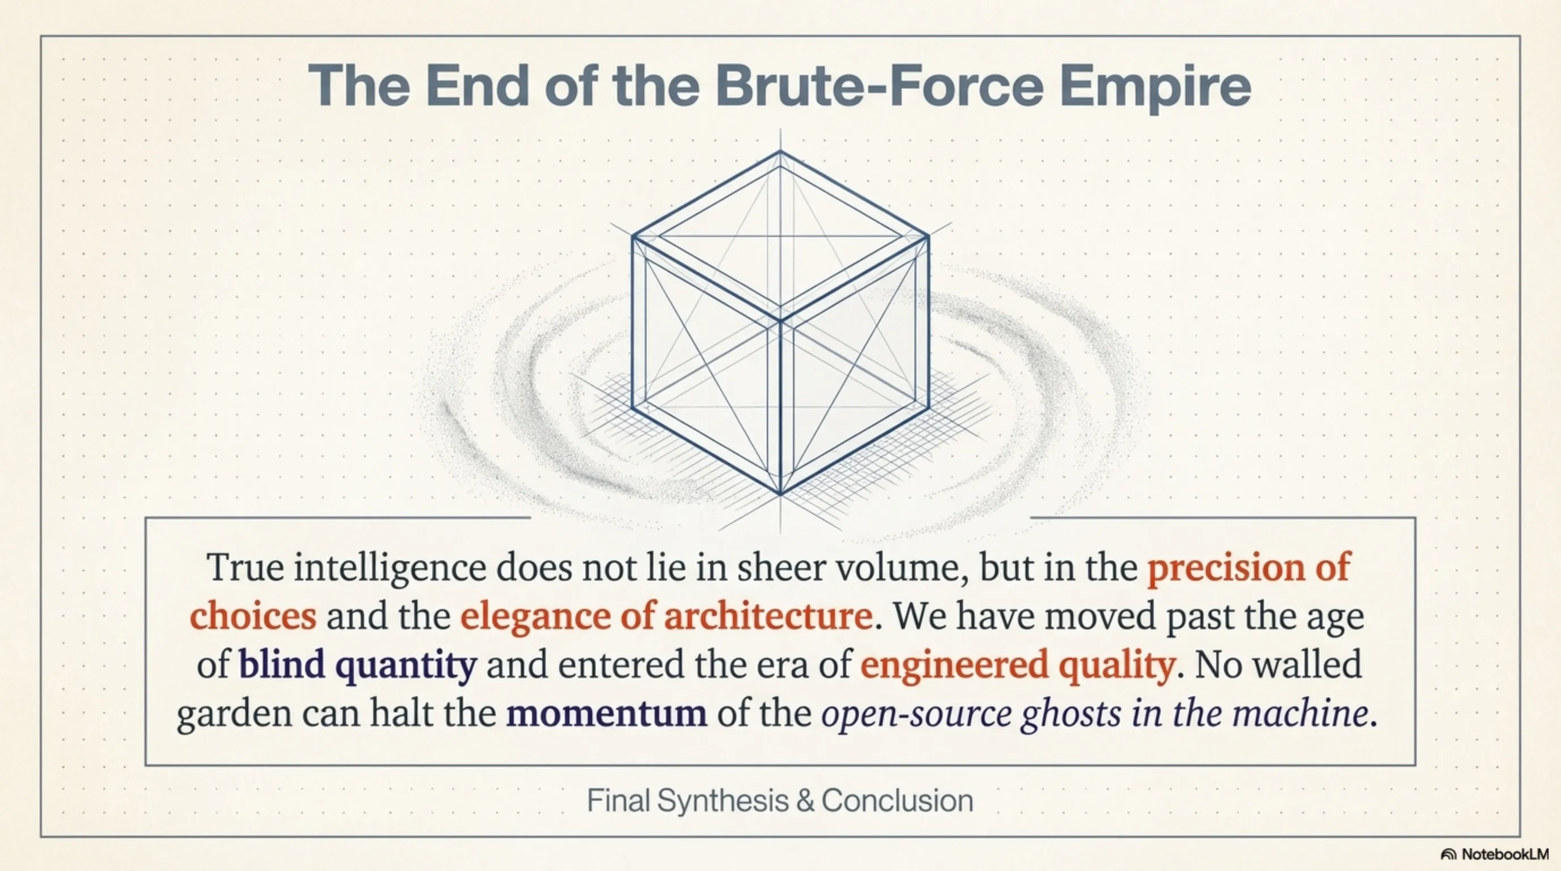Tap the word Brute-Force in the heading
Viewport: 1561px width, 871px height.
[879, 86]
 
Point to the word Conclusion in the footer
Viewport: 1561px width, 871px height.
[897, 800]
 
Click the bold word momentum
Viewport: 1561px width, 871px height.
[606, 713]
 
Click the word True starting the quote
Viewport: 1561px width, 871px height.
[246, 568]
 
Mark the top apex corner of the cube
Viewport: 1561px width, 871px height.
[780, 151]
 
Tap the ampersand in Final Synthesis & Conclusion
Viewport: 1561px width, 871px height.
[805, 801]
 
